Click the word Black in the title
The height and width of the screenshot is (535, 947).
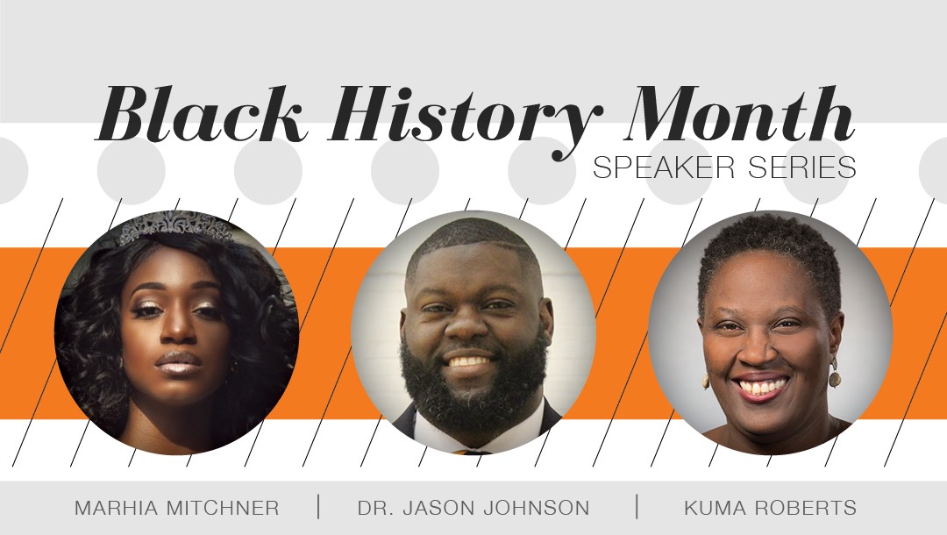point(200,114)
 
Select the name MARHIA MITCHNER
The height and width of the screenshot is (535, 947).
point(177,508)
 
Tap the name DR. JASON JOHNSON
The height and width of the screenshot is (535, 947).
point(473,508)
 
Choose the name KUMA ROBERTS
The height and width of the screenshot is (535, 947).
point(770,508)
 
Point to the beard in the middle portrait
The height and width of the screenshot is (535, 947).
point(473,387)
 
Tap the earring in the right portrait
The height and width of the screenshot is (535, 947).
point(834,374)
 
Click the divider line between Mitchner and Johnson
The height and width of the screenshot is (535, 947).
point(318,507)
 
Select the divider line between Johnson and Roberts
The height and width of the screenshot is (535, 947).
point(637,507)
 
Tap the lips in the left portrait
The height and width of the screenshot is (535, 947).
point(177,363)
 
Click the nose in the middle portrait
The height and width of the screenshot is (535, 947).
point(465,326)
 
